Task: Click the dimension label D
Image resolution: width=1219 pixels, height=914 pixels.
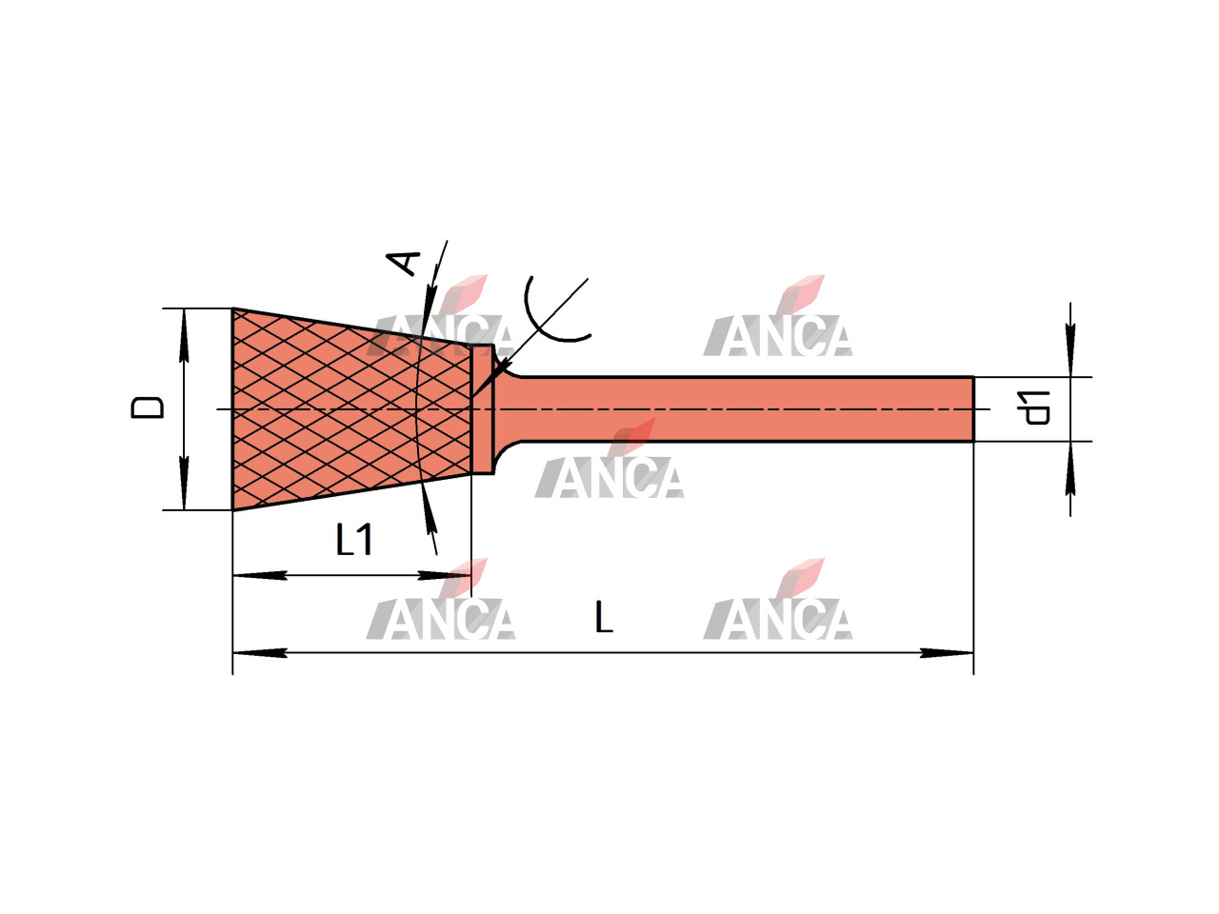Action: [148, 407]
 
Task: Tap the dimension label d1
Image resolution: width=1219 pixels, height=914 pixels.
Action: [1036, 407]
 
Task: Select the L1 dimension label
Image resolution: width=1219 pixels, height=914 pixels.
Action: [354, 540]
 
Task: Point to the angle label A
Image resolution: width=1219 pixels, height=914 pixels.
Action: [403, 263]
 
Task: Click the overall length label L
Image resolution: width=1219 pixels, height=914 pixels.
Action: [604, 618]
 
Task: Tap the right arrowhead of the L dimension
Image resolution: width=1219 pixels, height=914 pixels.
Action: [947, 653]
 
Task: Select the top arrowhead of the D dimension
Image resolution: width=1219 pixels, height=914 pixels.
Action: [184, 336]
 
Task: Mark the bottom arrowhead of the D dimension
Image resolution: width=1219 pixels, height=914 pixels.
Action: [184, 483]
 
